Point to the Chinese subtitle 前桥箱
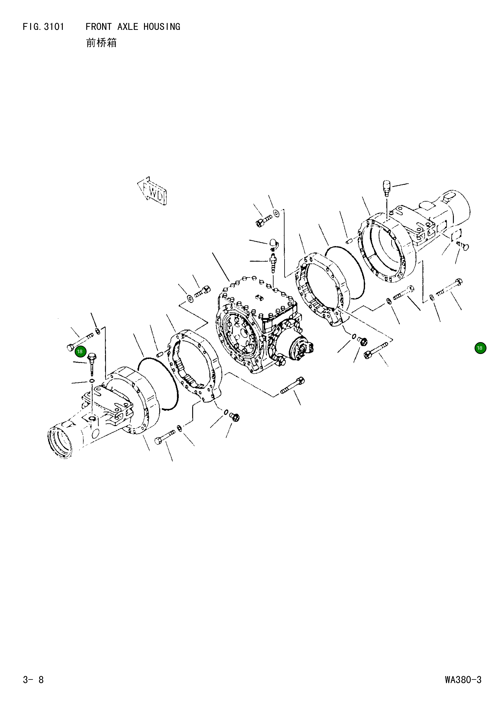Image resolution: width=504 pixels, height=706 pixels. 101,43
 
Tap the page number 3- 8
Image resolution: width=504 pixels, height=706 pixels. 33,680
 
